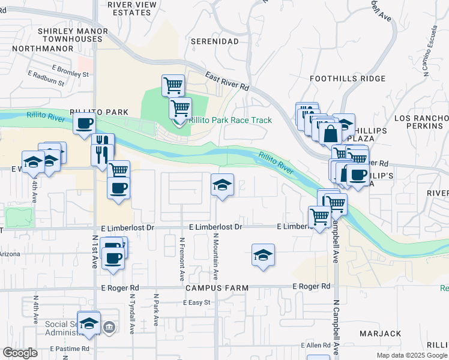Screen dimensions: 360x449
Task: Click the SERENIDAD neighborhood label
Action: pos(215,41)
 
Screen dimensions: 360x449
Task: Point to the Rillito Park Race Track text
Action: pos(231,121)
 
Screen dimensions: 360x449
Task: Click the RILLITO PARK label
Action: pos(92,112)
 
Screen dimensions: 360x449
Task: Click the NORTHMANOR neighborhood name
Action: pos(37,48)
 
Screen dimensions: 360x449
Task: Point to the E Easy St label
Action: pos(197,302)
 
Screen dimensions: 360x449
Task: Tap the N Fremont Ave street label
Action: pos(182,259)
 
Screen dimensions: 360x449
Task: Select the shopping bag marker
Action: pos(330,133)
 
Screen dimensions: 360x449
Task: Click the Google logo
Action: pos(20,353)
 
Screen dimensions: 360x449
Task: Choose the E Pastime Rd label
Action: pos(70,349)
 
